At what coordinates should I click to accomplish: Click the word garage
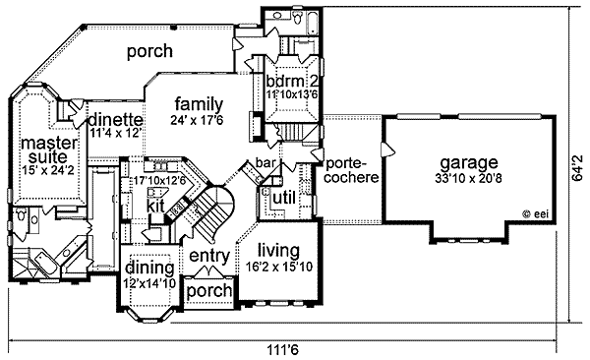click(469, 163)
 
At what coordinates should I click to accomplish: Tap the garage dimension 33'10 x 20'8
click(468, 178)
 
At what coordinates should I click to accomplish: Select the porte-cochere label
click(351, 170)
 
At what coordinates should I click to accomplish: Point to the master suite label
click(49, 150)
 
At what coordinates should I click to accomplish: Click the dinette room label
click(116, 120)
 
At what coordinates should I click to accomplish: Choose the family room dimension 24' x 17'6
click(198, 120)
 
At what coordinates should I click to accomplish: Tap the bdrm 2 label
click(292, 81)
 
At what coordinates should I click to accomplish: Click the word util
click(284, 198)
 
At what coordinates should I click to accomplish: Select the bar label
click(265, 162)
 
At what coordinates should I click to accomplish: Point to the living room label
click(279, 251)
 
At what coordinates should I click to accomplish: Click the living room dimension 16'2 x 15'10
click(279, 267)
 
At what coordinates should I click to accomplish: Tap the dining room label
click(149, 269)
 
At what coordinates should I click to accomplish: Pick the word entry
click(209, 257)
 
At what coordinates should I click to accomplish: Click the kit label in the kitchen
click(155, 206)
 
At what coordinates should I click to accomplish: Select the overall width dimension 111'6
click(283, 350)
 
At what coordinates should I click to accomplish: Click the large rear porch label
click(149, 51)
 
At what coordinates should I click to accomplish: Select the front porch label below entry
click(209, 291)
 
